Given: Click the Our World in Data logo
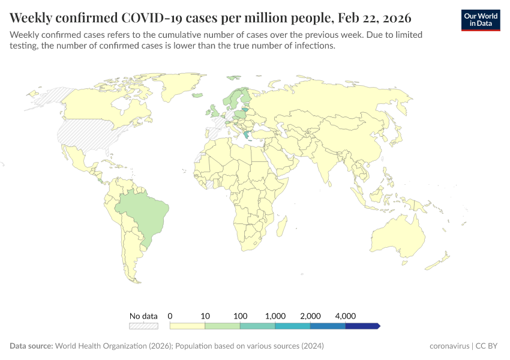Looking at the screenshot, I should click(x=481, y=20).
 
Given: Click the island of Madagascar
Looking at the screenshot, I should click(x=280, y=229).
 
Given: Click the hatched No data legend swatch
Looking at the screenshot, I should click(x=143, y=326).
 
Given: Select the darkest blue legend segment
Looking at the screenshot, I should click(x=362, y=326).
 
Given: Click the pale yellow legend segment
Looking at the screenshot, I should click(x=187, y=326).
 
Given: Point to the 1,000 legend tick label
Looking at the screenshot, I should click(x=275, y=316).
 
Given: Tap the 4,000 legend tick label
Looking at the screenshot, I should click(x=346, y=316).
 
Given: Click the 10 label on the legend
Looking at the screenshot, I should click(x=205, y=316).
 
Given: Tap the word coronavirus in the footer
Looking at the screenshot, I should click(x=449, y=346).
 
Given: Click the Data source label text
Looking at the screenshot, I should click(x=31, y=346).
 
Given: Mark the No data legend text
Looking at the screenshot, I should click(x=143, y=316).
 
